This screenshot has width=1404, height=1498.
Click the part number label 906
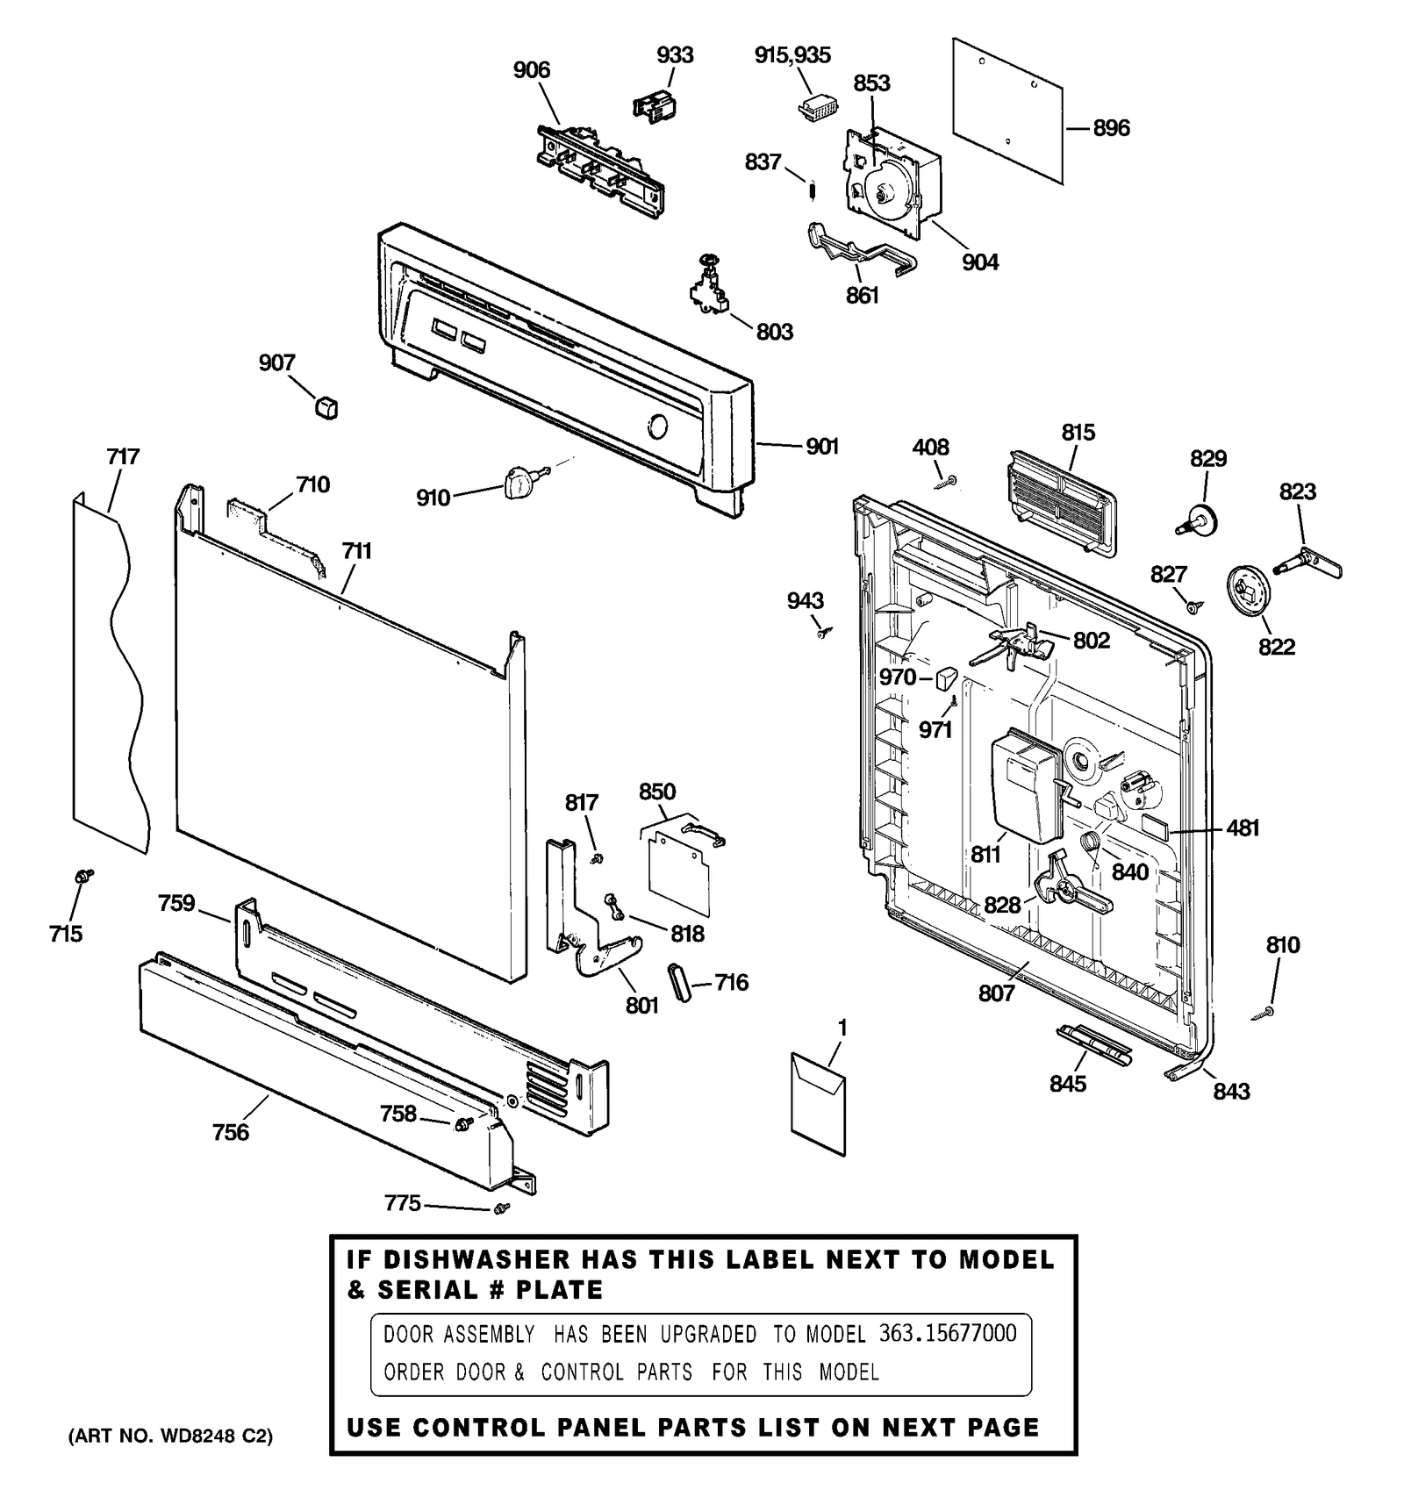532,70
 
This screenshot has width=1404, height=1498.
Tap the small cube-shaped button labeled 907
326,407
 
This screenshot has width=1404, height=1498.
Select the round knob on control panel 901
656,427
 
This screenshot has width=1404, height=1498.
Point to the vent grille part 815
1060,504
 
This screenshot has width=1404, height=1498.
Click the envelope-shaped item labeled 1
818,1103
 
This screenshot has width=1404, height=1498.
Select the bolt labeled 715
85,875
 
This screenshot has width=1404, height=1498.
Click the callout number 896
1111,129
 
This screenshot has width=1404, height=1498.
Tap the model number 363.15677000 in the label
948,1334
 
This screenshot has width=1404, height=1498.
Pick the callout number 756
231,1132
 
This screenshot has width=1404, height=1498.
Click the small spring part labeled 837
813,189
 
